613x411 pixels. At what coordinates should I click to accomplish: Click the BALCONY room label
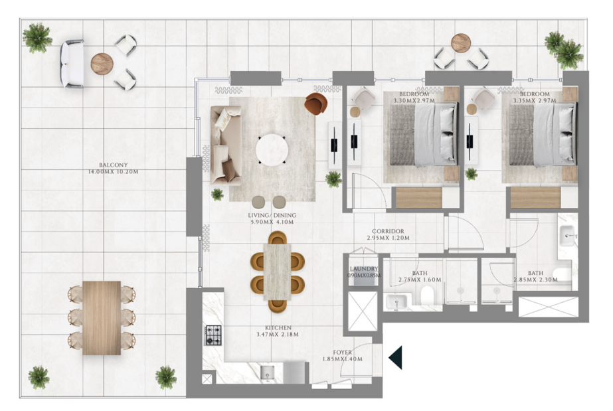[x=113, y=165]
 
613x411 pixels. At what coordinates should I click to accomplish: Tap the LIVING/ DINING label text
[x=272, y=215]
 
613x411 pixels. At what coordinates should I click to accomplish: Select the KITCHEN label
[x=278, y=328]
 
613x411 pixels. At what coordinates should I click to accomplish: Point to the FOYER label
[x=343, y=353]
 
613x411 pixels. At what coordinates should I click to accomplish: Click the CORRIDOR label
[x=388, y=231]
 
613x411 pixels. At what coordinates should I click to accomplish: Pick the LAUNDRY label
[x=363, y=269]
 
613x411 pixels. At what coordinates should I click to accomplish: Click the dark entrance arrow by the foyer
[x=395, y=357]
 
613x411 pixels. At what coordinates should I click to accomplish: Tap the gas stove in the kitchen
[x=213, y=335]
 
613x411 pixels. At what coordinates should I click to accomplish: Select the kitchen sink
[x=268, y=372]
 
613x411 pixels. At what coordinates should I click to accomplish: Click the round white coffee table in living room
[x=272, y=149]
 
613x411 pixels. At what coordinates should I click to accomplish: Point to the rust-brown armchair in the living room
[x=316, y=103]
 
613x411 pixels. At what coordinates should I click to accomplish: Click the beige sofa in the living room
[x=226, y=145]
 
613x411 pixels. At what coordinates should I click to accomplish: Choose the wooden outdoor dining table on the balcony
[x=102, y=318]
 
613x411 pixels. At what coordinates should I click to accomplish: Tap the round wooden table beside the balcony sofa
[x=102, y=64]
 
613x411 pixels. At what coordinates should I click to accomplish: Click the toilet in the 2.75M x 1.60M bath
[x=427, y=295]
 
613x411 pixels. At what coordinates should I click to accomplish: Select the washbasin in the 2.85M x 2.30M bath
[x=568, y=236]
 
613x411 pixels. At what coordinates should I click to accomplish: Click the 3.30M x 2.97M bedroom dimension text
[x=414, y=100]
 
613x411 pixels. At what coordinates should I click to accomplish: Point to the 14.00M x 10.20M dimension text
[x=113, y=172]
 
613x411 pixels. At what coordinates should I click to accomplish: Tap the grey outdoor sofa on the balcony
[x=72, y=64]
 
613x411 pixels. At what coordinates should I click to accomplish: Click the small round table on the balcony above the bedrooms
[x=461, y=43]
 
